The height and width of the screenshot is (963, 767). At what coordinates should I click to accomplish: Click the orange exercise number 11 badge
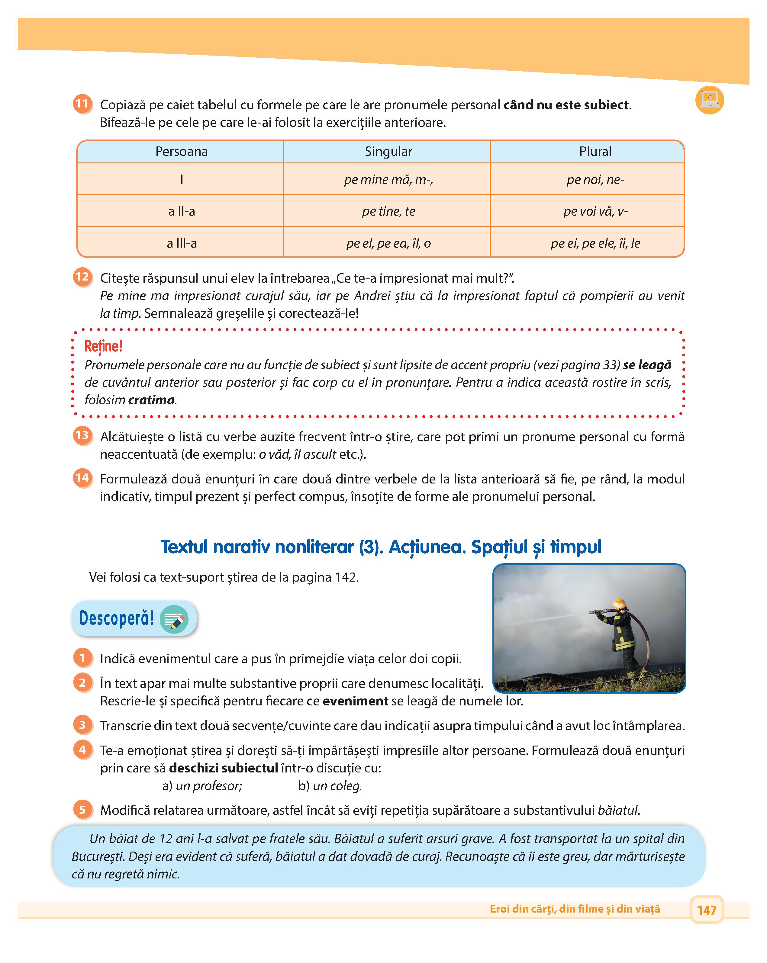pyautogui.click(x=82, y=104)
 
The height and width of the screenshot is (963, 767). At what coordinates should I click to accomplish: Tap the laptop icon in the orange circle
pyautogui.click(x=709, y=100)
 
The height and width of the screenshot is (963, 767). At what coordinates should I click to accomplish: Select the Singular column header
pyautogui.click(x=388, y=151)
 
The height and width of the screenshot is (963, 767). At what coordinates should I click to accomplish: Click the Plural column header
pyautogui.click(x=595, y=151)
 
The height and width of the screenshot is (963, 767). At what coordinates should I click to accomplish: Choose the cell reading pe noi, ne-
pyautogui.click(x=595, y=180)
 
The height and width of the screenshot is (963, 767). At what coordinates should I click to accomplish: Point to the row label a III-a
pyautogui.click(x=181, y=243)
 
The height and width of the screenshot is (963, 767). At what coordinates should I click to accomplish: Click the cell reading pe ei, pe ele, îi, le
pyautogui.click(x=595, y=243)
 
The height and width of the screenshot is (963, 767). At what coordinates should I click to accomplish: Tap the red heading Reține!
pyautogui.click(x=103, y=346)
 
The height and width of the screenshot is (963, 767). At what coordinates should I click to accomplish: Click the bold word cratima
pyautogui.click(x=151, y=400)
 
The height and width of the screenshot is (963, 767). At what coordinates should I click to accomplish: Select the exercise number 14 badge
pyautogui.click(x=82, y=478)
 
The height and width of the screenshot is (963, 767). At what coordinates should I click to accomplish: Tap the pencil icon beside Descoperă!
pyautogui.click(x=174, y=619)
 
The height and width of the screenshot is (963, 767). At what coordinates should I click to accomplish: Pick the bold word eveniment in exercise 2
pyautogui.click(x=355, y=701)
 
